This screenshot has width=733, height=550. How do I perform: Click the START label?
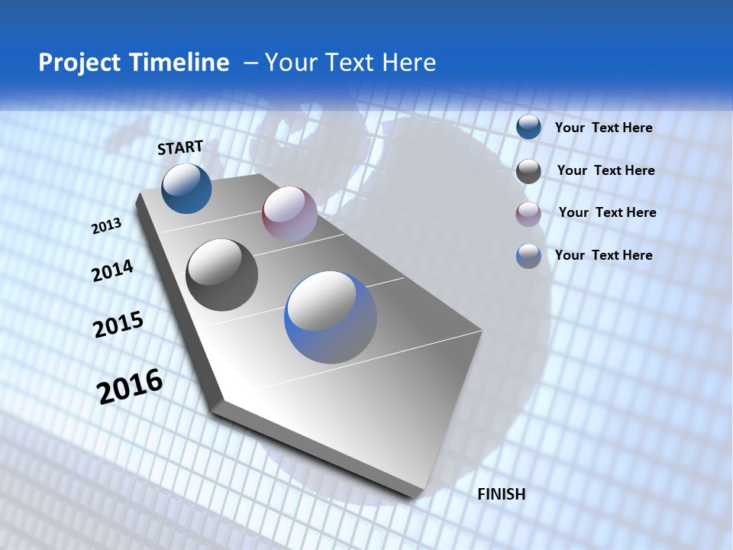tap(180, 147)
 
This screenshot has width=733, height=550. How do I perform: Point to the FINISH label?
tap(501, 494)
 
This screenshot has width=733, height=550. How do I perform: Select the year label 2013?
tap(106, 226)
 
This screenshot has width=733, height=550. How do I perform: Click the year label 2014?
tap(112, 270)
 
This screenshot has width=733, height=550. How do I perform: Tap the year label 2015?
tap(118, 325)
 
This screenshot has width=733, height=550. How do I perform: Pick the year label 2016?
tap(130, 386)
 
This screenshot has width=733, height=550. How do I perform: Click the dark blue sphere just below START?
tap(186, 188)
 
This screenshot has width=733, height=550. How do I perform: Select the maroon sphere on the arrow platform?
tap(289, 213)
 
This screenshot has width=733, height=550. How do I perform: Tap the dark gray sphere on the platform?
tap(222, 275)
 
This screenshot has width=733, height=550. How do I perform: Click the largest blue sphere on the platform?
tap(331, 317)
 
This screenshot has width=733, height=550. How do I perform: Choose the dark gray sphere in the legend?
tap(528, 171)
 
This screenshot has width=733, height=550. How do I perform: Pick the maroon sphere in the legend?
tap(528, 214)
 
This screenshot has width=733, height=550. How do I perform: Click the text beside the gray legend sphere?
tap(605, 170)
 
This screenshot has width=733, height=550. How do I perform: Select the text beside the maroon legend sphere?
tap(607, 212)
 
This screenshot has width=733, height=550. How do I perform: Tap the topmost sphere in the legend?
tap(528, 128)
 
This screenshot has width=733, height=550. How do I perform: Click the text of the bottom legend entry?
tap(603, 255)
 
